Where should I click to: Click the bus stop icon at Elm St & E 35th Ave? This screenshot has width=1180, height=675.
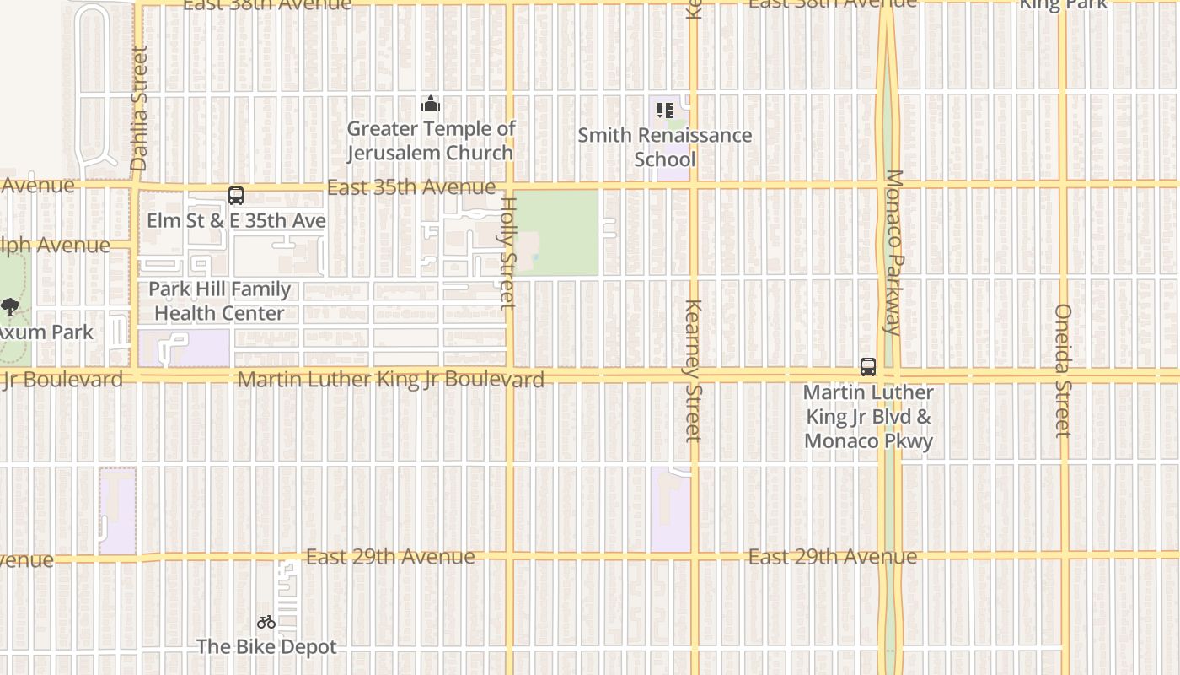tap(236, 196)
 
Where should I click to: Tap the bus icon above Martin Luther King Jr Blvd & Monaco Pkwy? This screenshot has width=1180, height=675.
tap(868, 367)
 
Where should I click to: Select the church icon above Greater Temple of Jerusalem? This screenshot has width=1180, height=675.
tap(431, 105)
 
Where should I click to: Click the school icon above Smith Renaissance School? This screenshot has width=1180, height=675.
tap(664, 111)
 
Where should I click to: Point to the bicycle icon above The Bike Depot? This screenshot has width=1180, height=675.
tap(266, 623)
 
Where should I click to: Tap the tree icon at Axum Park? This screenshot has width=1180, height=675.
tap(10, 307)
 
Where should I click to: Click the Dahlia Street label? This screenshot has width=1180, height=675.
tap(139, 108)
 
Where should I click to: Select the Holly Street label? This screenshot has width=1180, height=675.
tap(507, 252)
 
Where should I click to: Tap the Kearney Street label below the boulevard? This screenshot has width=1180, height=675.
tap(693, 370)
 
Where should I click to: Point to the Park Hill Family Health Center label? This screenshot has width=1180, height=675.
tap(219, 301)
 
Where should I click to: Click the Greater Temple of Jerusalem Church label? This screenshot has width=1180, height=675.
tap(431, 141)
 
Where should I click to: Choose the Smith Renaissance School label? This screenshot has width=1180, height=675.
tap(664, 147)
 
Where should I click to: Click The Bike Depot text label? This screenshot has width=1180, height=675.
tap(266, 647)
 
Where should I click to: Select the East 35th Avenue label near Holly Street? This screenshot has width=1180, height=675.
tap(411, 186)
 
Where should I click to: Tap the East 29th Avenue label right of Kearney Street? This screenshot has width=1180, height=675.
tap(833, 557)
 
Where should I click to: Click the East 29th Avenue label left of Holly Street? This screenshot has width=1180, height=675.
tap(390, 557)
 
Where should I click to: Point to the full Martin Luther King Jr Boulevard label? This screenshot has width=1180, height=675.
tap(390, 380)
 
